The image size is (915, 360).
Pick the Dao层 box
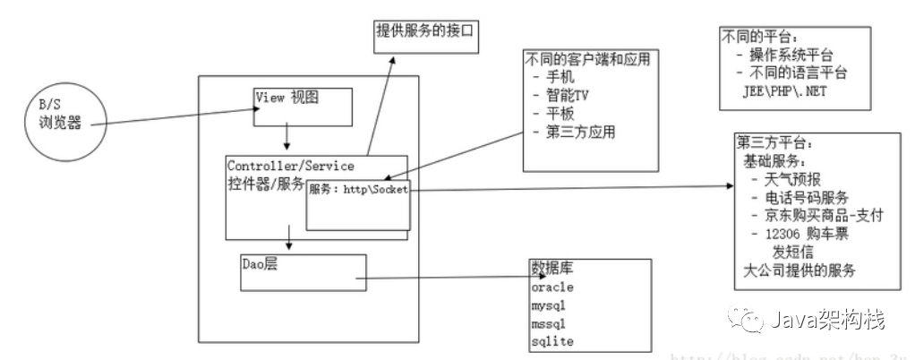pos(304,271)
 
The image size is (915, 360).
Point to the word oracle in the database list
pos(552,287)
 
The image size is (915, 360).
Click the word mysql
pos(549,305)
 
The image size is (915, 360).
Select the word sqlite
pos(552,341)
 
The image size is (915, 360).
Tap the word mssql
pos(549,323)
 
